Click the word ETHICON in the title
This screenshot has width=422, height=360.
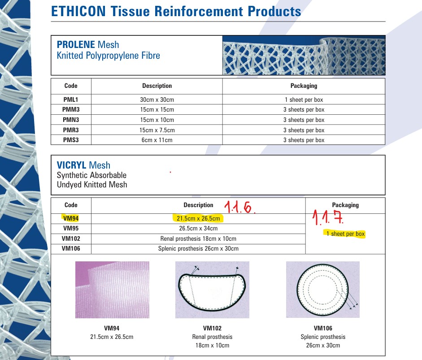(78, 11)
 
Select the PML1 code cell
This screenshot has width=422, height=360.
(71, 100)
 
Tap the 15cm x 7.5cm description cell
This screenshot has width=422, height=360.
(157, 130)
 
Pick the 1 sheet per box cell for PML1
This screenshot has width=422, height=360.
(304, 100)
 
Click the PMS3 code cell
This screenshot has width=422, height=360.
(71, 140)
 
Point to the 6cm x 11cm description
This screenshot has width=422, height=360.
(157, 140)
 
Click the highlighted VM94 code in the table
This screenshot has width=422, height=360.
(71, 218)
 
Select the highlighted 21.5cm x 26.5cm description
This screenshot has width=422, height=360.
(198, 218)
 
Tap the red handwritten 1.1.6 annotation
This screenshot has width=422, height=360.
(239, 207)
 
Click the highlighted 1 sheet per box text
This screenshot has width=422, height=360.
(345, 234)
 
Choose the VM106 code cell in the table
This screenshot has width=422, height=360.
(71, 249)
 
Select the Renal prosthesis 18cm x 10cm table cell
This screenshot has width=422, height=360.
(198, 239)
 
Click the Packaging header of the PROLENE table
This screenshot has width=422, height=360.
(304, 86)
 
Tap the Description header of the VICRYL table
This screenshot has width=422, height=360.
(198, 205)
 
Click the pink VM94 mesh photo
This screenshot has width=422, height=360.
(112, 290)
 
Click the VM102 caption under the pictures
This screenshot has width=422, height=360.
(213, 328)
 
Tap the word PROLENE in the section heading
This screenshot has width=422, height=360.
(76, 44)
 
